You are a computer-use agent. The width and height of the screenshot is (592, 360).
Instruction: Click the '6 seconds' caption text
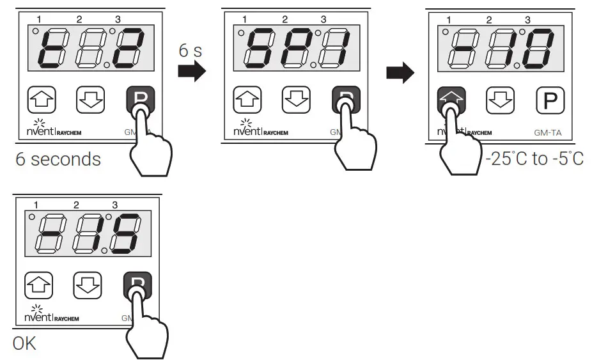pyautogui.click(x=58, y=159)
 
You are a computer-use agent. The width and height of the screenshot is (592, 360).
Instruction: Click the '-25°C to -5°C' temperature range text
pyautogui.click(x=534, y=159)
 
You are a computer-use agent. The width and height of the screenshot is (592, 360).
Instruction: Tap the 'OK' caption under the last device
pyautogui.click(x=24, y=343)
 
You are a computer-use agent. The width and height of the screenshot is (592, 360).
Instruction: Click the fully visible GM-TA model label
pyautogui.click(x=548, y=133)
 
